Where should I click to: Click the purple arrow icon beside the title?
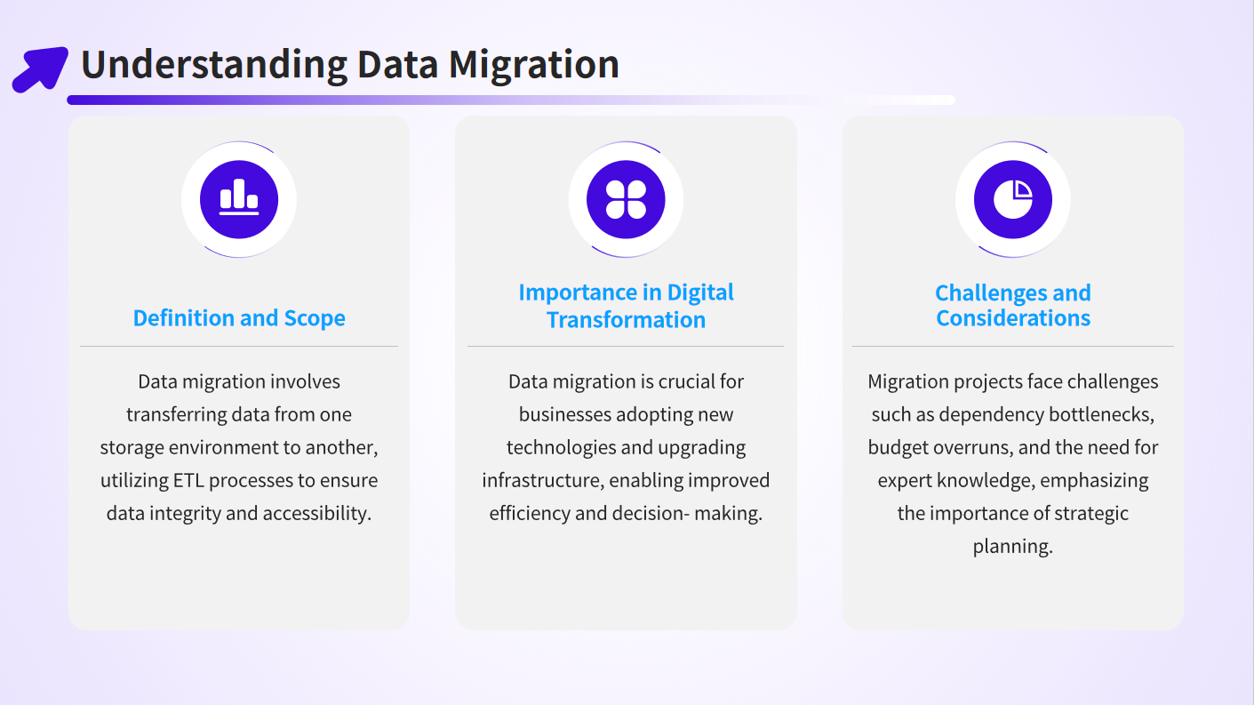click(40, 68)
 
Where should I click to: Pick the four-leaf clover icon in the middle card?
click(626, 199)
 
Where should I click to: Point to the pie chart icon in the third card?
click(1013, 199)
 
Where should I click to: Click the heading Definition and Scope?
click(239, 318)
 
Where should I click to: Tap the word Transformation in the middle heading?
click(626, 320)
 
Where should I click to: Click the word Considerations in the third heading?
click(1013, 318)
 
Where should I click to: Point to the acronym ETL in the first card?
click(188, 480)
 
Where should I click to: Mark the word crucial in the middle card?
click(688, 381)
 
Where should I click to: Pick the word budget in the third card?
click(893, 448)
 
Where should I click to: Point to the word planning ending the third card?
click(1013, 547)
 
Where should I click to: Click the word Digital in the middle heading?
click(700, 292)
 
